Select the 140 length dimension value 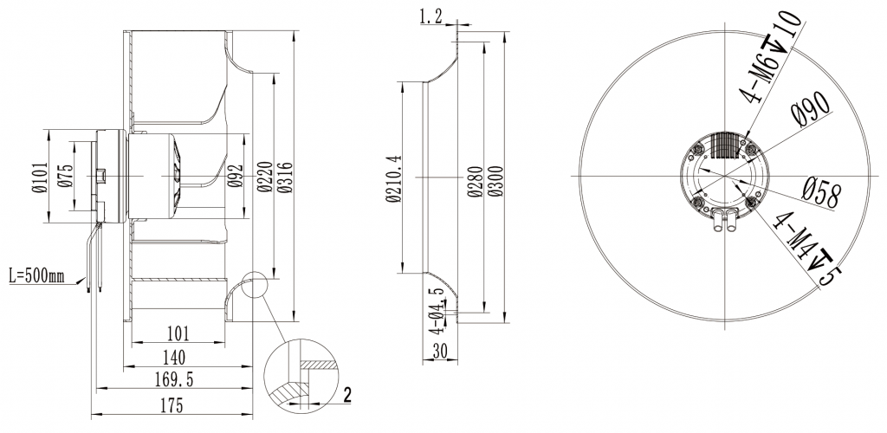177,355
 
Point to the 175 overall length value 177,404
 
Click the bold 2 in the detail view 347,395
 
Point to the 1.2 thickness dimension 430,16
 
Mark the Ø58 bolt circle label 820,192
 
